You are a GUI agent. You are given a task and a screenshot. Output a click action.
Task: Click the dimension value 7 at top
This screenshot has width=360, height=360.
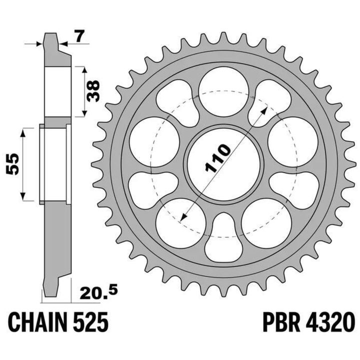(79, 36)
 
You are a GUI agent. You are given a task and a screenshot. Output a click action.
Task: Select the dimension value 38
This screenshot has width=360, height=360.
(93, 91)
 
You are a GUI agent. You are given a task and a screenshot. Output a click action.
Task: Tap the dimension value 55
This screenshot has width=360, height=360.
(12, 164)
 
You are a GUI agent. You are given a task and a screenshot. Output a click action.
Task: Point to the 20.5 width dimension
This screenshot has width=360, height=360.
(98, 291)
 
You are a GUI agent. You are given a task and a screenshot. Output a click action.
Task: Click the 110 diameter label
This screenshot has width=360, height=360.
(217, 158)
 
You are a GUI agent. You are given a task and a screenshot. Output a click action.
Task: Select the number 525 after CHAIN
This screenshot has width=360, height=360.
(90, 321)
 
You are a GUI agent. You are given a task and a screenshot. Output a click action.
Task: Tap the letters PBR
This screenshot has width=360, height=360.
(281, 321)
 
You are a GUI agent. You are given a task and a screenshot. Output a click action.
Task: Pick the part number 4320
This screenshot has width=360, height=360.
(330, 321)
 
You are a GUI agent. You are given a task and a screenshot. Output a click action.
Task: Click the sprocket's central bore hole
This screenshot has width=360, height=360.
(223, 164)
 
